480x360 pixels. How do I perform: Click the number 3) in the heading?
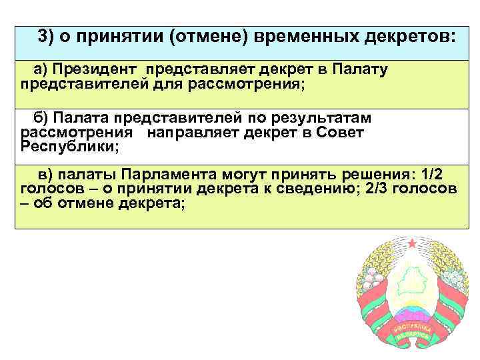(47, 37)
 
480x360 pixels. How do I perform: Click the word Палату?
(355, 70)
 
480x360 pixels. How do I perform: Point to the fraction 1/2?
(427, 175)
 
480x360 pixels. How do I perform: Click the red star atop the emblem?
(411, 243)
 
